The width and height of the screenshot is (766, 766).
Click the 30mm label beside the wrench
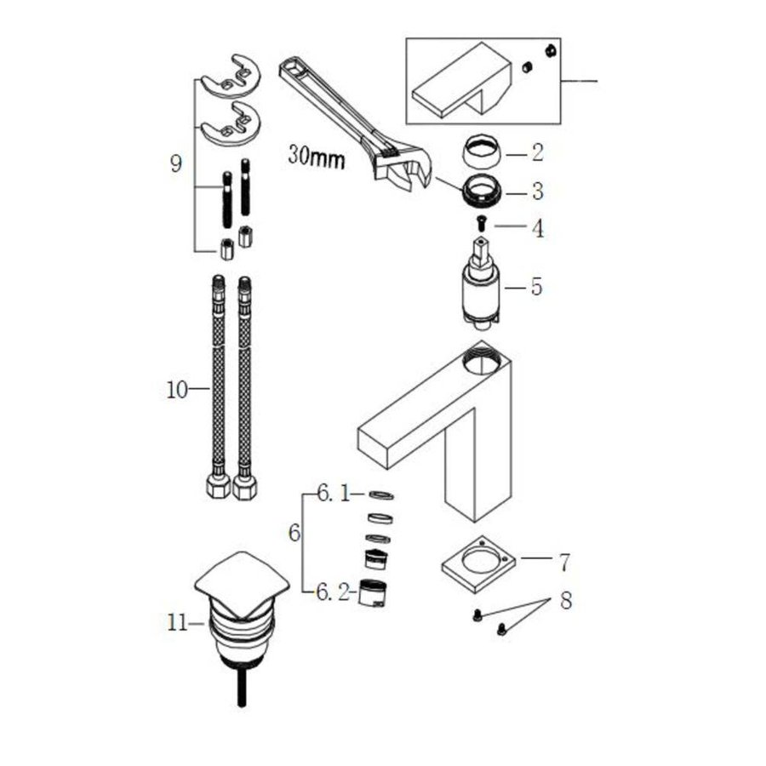tap(316, 157)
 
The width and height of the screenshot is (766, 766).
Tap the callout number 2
tap(536, 153)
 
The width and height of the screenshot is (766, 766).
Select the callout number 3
tap(536, 191)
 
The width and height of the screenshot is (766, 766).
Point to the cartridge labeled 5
tap(480, 286)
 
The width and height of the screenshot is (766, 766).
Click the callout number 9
tap(175, 163)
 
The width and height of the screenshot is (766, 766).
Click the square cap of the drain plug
tap(243, 583)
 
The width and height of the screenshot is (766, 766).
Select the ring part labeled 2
tap(483, 153)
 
